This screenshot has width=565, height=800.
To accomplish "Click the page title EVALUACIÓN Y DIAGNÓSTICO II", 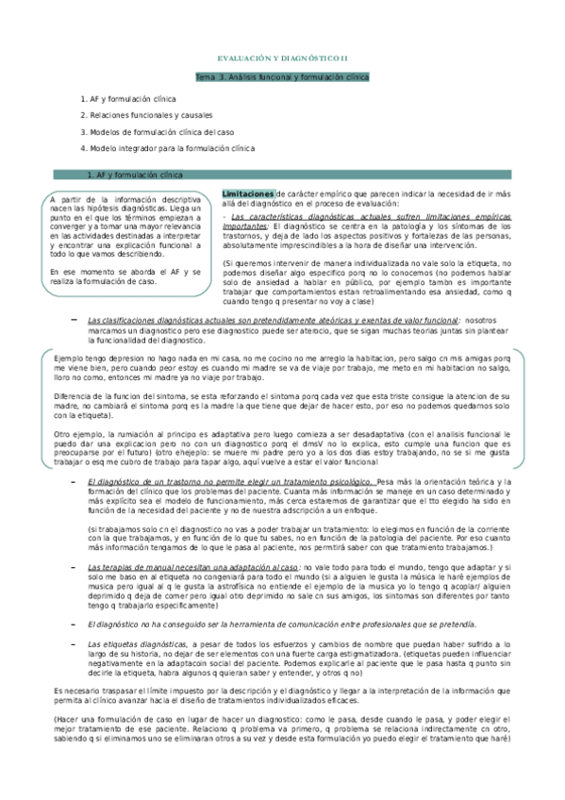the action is click(290, 58).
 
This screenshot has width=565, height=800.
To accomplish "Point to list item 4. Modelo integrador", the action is click(168, 148).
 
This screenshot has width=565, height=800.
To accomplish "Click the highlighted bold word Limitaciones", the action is click(248, 192).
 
